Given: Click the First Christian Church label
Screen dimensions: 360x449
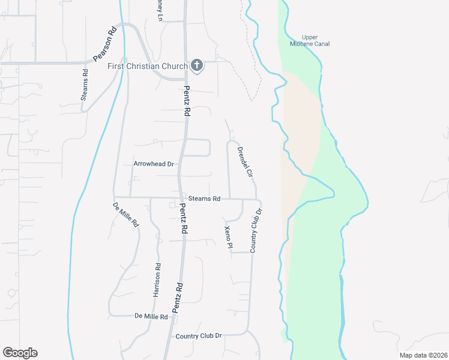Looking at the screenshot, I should [x=148, y=65].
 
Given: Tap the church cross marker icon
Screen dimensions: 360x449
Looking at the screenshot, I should [x=196, y=65].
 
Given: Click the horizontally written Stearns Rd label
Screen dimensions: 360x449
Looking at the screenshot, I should [x=204, y=198].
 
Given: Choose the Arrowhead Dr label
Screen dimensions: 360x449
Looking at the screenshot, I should [x=153, y=163].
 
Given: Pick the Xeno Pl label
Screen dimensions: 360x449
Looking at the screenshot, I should [x=228, y=238].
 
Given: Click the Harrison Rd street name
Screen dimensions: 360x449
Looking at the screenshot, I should [x=157, y=281].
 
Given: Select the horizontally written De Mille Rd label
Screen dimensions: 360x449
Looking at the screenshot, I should [x=151, y=316].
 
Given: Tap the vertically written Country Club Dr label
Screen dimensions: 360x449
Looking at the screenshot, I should [x=256, y=231].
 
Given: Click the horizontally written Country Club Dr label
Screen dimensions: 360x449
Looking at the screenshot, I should [x=199, y=336].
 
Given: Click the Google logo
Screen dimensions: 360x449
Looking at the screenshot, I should [x=20, y=353].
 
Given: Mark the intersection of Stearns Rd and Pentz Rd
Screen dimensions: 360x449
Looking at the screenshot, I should [x=179, y=197].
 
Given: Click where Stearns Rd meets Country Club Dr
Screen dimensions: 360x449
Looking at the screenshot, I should [x=258, y=200].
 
